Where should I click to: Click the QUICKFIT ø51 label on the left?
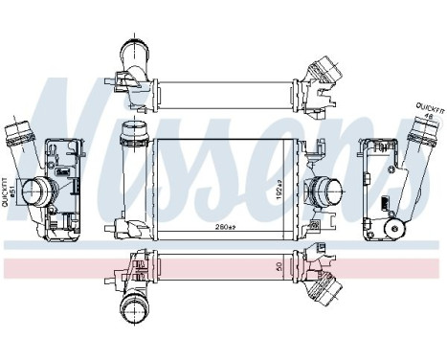tap(9, 188)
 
